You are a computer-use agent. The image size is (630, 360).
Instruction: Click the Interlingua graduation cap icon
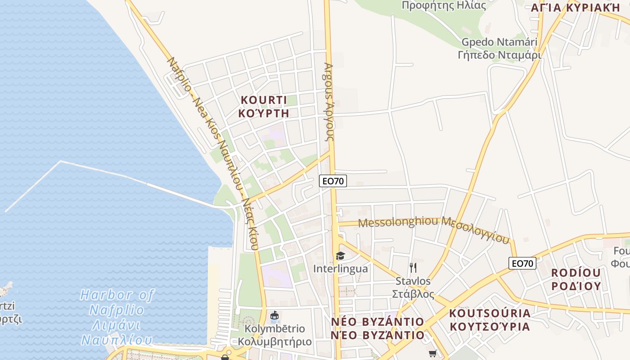point(340,256)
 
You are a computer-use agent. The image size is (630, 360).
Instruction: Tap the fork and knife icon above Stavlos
point(413,267)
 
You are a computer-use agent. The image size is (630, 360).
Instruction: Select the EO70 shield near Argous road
point(333,181)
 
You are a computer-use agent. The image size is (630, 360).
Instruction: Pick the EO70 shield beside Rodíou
point(522,263)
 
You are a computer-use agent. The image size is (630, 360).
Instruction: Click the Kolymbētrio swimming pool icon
point(274,316)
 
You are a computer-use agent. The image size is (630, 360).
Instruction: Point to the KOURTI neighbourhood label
point(264,100)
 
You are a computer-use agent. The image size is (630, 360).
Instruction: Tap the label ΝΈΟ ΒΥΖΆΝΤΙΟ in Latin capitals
point(378,322)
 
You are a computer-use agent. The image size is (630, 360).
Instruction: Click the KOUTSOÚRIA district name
point(490,313)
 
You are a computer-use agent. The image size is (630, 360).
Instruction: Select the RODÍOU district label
point(576,273)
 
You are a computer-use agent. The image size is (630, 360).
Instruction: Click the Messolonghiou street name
point(398,222)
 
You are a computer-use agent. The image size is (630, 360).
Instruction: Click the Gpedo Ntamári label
point(499,42)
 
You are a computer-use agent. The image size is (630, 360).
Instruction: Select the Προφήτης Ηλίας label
point(444,5)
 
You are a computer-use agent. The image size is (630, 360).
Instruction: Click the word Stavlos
point(413,281)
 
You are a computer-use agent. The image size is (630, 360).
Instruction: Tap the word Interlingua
point(340,269)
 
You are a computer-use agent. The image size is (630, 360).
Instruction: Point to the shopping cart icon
point(433,354)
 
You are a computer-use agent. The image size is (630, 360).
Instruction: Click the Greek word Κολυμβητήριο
point(274,342)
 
